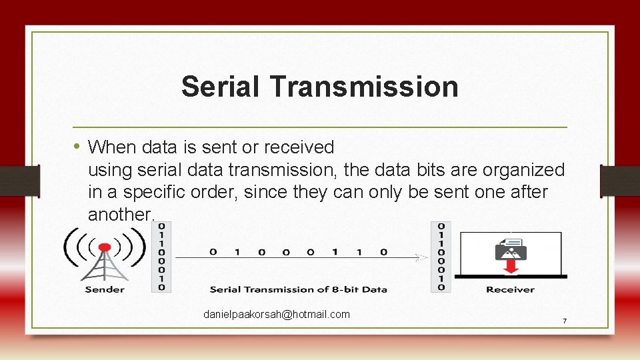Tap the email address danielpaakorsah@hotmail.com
coord(277,314)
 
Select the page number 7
coord(565,321)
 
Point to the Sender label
coord(105,289)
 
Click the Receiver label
coord(510,289)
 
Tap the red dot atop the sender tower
coord(105,247)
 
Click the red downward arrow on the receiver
coord(511,266)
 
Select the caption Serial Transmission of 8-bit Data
coord(298,289)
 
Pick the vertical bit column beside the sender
coord(161,257)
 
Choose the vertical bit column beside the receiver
coord(441,257)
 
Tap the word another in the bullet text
coord(120,215)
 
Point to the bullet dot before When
coord(77,145)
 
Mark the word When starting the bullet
coord(111,147)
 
